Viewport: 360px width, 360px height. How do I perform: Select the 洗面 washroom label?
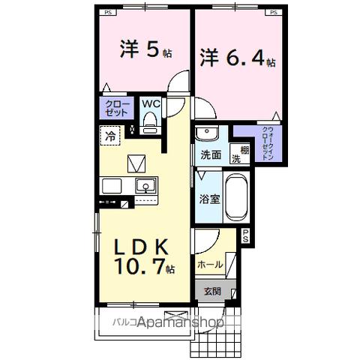tap(210, 156)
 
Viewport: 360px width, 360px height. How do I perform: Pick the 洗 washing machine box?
tap(235, 158)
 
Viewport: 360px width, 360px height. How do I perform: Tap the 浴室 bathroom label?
tap(208, 199)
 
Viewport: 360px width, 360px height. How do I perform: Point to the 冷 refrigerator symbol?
tap(110, 136)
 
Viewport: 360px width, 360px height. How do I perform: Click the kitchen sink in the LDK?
tap(145, 185)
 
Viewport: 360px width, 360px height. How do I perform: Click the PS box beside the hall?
tap(244, 235)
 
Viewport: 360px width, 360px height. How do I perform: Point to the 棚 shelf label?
tap(234, 148)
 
